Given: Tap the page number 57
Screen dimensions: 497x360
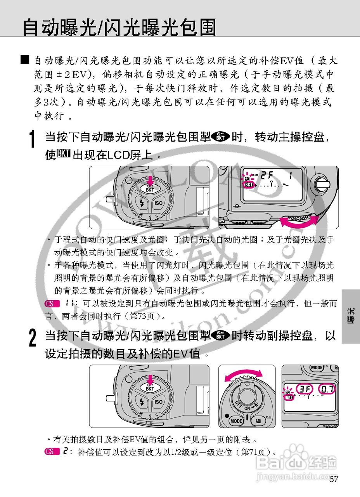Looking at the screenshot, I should [x=334, y=480].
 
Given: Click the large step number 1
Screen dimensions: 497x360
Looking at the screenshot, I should [x=34, y=139].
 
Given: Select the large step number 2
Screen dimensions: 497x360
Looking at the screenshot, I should [x=34, y=337].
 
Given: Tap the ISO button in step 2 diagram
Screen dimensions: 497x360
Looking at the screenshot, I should [x=158, y=401].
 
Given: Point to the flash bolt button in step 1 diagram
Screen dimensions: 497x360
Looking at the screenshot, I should [x=141, y=203].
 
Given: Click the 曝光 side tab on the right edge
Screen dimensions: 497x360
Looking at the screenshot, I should [x=351, y=316].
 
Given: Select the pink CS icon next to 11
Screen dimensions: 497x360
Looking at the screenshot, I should [x=52, y=303].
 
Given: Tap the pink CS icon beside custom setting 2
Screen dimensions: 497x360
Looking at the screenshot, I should [x=50, y=451].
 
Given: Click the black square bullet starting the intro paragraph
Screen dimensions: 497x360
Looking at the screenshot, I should [x=25, y=60].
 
